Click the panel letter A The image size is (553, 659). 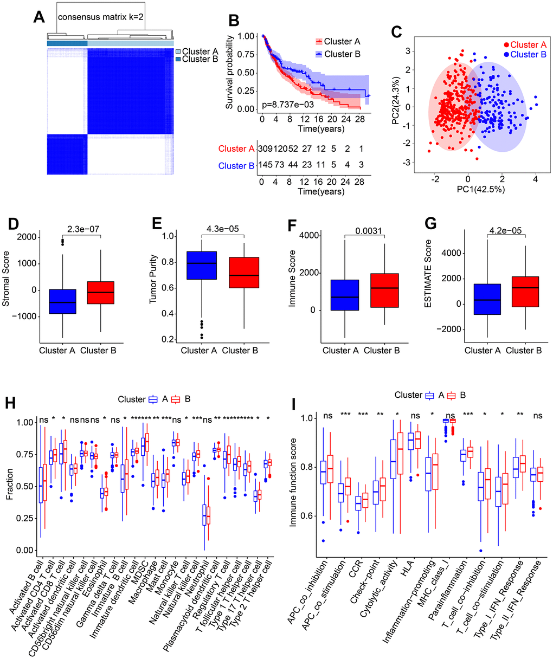pos(38,17)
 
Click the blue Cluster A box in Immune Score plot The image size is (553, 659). pos(340,295)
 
